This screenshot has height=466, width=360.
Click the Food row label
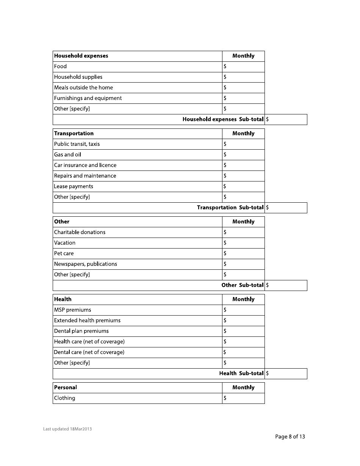coord(60,66)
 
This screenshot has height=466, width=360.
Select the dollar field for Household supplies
coord(243,77)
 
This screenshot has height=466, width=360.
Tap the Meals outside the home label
coord(83,88)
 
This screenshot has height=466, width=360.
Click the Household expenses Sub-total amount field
coord(286,119)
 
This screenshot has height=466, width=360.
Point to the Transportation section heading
coord(74,133)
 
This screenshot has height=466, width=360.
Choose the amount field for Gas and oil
coord(243,155)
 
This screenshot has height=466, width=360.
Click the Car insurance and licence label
coord(85,165)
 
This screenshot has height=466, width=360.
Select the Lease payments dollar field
coord(243,186)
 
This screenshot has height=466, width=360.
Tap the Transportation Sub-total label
coord(230,208)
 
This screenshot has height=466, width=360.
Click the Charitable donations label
coord(80,232)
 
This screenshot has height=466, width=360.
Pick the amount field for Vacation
coord(243,243)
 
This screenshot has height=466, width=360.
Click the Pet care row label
coord(64,253)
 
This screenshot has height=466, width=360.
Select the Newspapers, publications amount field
coord(243,264)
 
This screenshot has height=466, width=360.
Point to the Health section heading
coord(63,299)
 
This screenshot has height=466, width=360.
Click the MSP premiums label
coord(72,310)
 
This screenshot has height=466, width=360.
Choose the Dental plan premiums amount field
coord(243,331)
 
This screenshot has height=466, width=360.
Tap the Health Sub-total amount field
coord(286,374)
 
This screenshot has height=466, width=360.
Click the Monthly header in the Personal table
coord(243,388)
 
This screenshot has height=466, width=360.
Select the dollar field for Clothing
coord(243,398)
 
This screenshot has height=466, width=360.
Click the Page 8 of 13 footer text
coord(290,436)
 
